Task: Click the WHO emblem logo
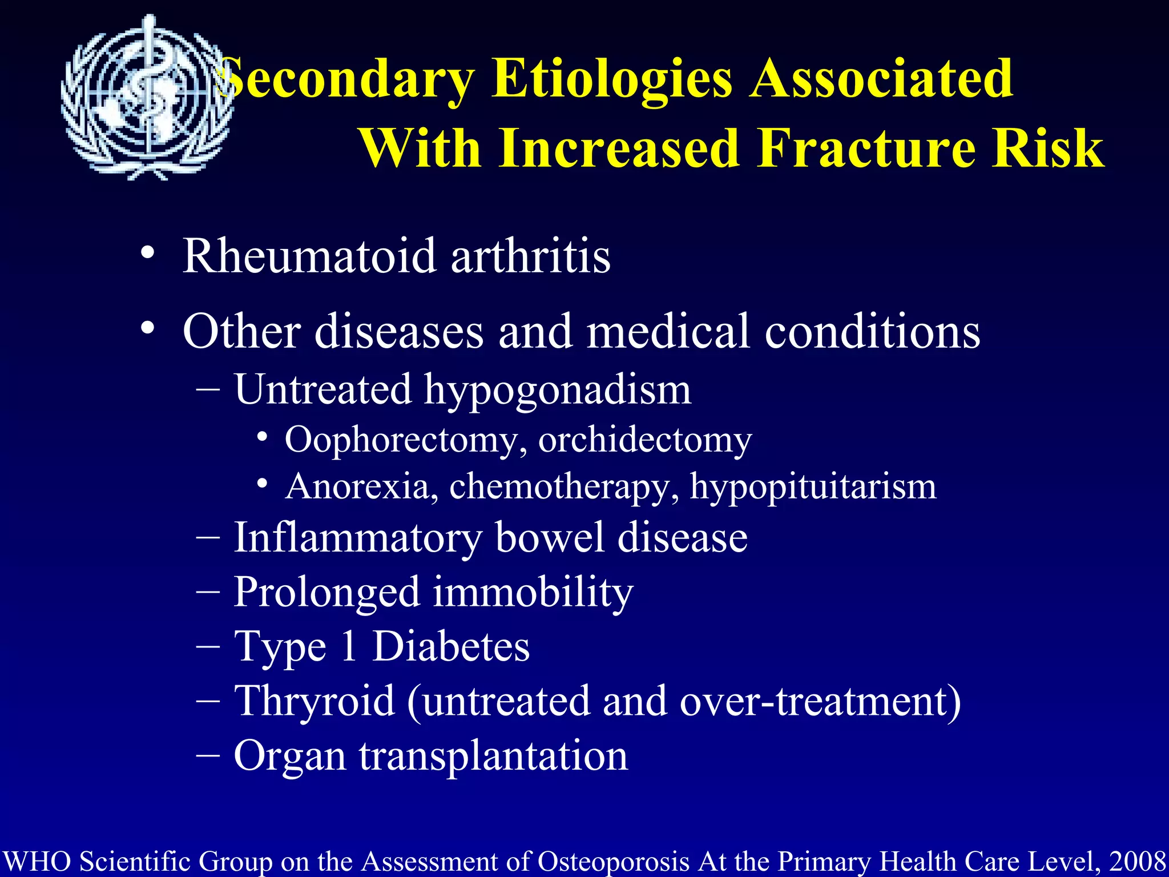click(147, 97)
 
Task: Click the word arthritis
click(530, 256)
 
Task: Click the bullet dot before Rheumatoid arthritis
click(148, 253)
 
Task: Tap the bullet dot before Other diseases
click(148, 328)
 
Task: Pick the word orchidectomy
click(645, 441)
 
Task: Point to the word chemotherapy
click(564, 488)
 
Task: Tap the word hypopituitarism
click(813, 488)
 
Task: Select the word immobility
click(533, 593)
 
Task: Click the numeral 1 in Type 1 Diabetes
click(349, 646)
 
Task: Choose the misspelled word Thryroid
click(315, 701)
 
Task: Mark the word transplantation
click(493, 756)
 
